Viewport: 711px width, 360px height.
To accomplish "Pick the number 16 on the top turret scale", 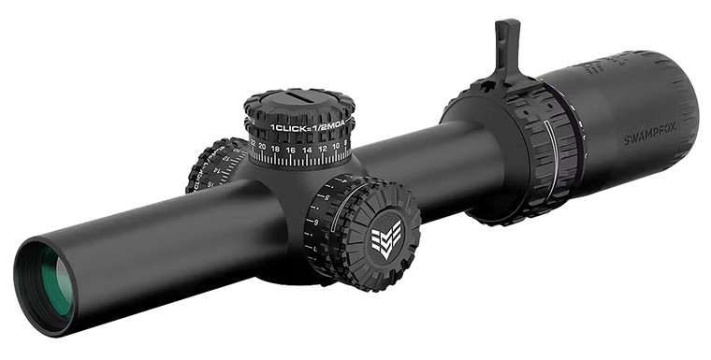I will point(291,150).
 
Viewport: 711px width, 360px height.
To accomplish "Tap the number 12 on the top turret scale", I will point(323,148).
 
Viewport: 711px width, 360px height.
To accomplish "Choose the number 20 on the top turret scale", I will point(262,146).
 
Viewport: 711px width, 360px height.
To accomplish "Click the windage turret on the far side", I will point(214,166).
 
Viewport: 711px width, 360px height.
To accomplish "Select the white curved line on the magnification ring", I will point(551,154).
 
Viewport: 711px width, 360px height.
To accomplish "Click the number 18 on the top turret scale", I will point(276,149).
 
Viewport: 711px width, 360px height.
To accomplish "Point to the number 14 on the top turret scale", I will point(307,150).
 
